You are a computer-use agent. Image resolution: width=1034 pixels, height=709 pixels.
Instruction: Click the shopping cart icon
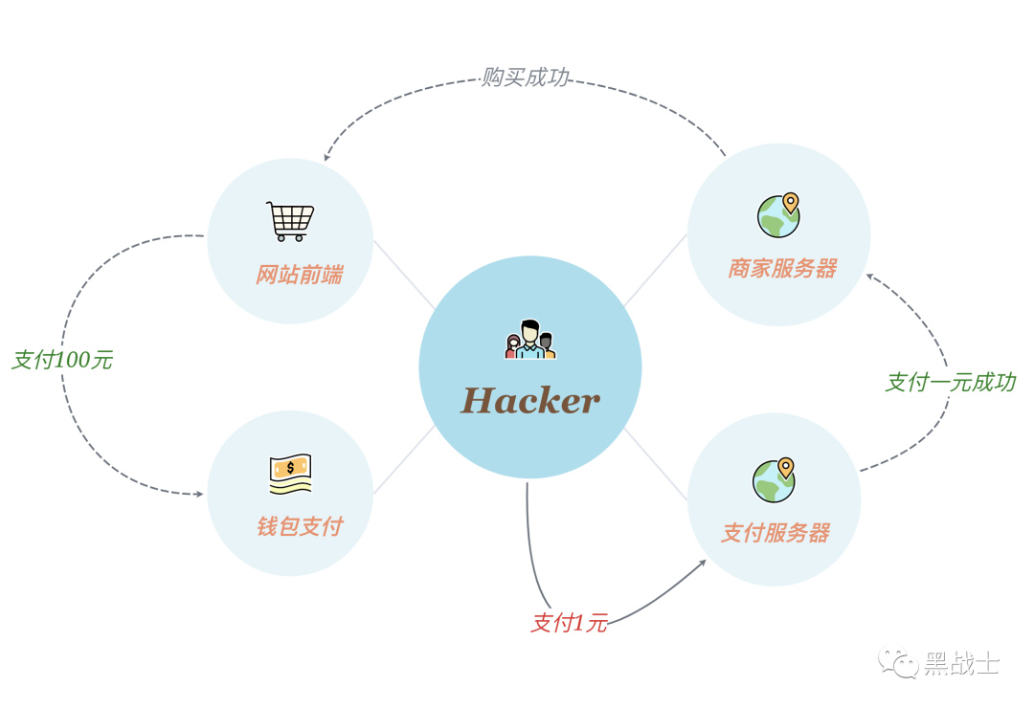tap(290, 221)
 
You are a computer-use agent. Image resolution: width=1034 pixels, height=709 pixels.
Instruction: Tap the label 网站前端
tap(299, 276)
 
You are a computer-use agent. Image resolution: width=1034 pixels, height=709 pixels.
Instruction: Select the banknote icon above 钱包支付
tap(290, 473)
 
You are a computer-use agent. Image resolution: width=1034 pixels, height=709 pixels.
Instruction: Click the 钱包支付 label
tap(299, 526)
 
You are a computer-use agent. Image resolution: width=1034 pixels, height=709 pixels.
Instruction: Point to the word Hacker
tap(530, 400)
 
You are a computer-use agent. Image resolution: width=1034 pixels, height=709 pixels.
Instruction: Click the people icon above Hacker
tap(530, 340)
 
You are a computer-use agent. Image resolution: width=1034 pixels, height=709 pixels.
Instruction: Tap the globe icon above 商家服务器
tap(778, 215)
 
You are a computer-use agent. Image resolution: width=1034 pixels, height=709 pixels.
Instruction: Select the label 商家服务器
tap(782, 269)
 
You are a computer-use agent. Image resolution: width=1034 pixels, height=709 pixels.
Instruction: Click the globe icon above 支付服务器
tap(774, 479)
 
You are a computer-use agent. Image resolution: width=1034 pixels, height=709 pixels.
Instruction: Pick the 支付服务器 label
tap(775, 533)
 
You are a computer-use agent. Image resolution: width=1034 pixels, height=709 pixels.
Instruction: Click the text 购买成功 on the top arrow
tap(525, 78)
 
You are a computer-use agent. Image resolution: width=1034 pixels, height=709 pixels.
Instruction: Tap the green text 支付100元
tap(62, 361)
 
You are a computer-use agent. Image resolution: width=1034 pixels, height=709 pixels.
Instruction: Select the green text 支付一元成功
tap(950, 383)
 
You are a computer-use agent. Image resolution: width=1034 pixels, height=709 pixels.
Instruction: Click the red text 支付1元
tap(569, 624)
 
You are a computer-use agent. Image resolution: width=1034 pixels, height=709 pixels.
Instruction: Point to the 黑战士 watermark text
tap(961, 663)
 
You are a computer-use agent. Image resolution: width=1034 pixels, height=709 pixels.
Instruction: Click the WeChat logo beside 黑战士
tap(899, 661)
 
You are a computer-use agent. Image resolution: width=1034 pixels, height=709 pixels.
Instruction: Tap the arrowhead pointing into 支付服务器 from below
tap(702, 563)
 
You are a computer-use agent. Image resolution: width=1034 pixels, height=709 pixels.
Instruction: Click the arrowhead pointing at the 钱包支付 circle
tap(199, 494)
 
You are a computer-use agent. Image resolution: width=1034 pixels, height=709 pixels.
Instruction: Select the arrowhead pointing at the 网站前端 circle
tap(327, 157)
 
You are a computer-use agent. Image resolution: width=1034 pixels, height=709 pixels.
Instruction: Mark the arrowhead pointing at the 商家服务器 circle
tap(870, 277)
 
